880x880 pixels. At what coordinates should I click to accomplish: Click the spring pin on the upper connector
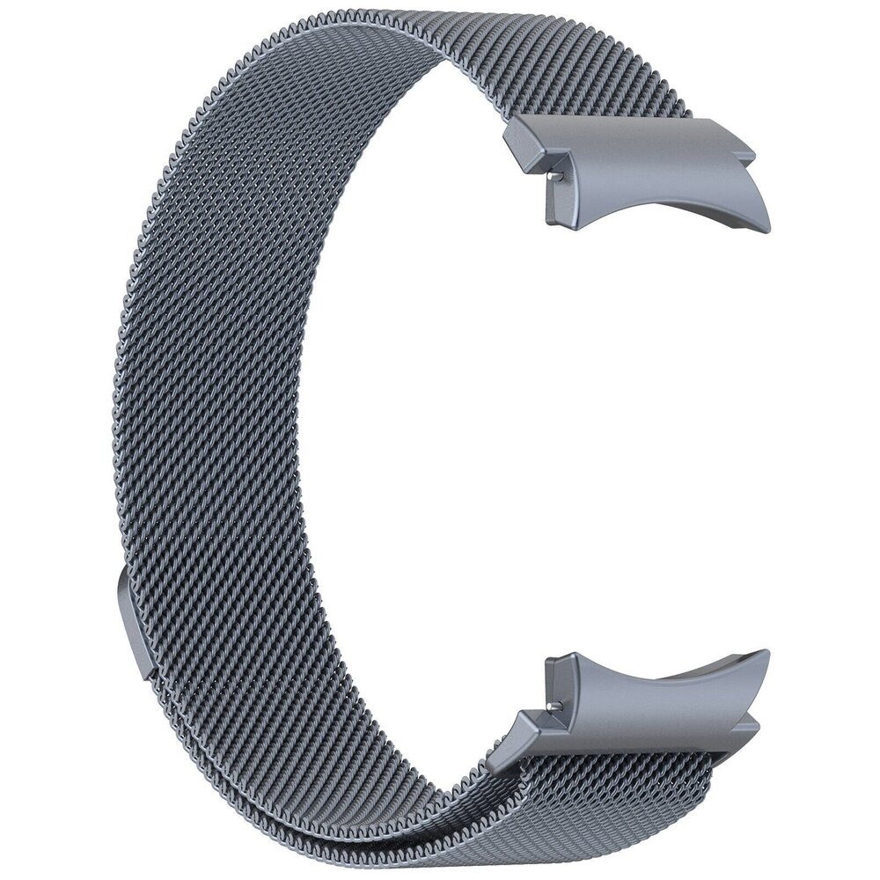coord(551,175)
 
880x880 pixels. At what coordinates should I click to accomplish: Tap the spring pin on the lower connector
coord(551,705)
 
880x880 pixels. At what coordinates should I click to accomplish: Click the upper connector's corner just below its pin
coord(556,216)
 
